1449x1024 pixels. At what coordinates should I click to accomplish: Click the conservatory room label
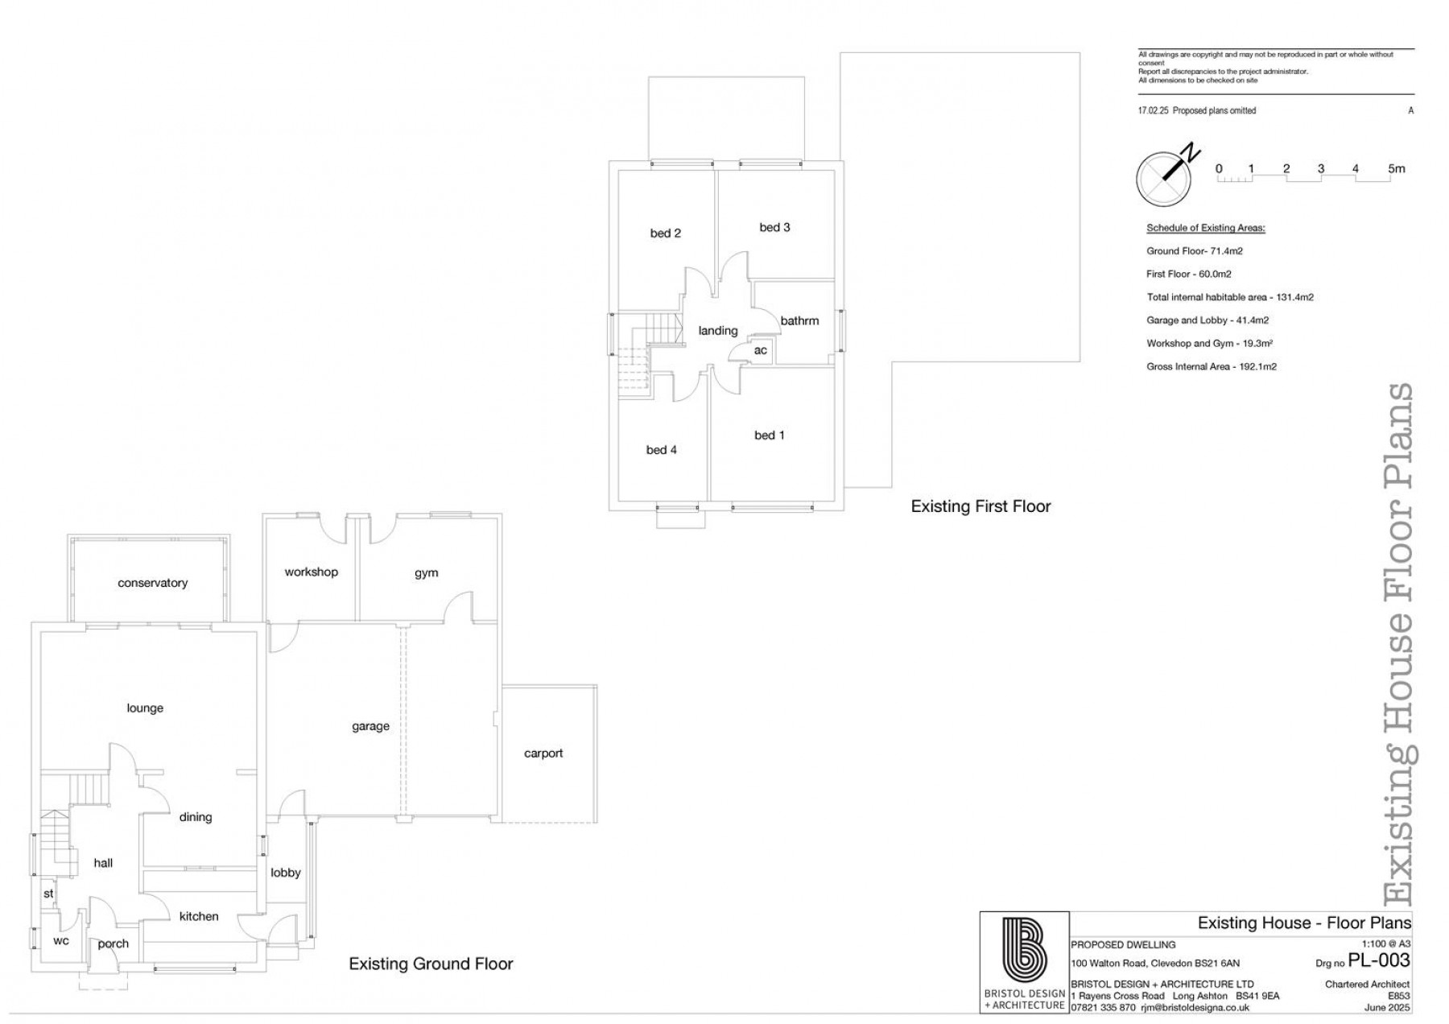click(x=152, y=583)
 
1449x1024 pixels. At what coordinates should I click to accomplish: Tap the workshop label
click(x=311, y=572)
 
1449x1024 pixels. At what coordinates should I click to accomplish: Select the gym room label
click(x=426, y=573)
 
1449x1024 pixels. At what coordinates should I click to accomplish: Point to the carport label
click(x=543, y=754)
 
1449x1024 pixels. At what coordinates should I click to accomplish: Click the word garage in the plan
click(x=370, y=726)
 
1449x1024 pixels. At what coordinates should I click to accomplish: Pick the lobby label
click(x=285, y=873)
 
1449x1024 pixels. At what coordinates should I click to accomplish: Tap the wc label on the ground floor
click(x=61, y=940)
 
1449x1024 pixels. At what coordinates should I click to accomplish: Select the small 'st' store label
click(x=48, y=894)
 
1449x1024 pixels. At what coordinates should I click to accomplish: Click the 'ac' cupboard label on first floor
click(x=760, y=350)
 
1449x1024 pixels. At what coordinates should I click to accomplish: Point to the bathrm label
click(x=799, y=321)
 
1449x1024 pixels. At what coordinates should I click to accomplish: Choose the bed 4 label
click(x=661, y=450)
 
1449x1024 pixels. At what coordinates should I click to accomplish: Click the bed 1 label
click(x=769, y=436)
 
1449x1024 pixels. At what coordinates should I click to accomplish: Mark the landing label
click(x=717, y=331)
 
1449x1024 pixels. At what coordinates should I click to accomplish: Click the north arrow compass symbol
click(x=1164, y=177)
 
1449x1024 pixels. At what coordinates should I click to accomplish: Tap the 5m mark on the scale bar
click(x=1396, y=169)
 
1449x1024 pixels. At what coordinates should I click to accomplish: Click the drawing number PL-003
click(x=1378, y=960)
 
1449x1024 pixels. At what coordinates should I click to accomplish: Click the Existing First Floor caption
click(x=980, y=506)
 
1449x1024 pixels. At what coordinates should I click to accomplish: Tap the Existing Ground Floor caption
click(x=431, y=964)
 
